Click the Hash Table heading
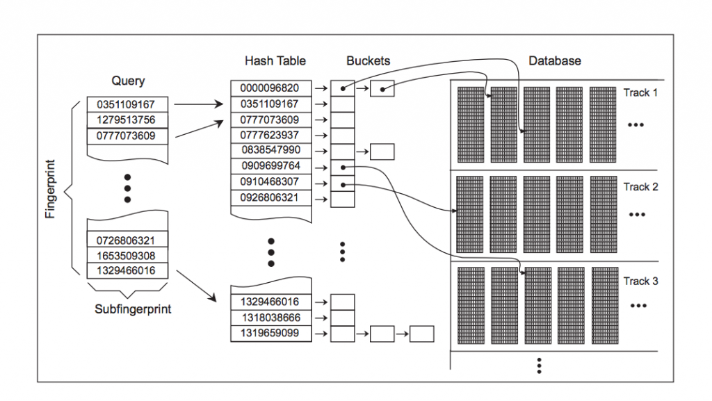[275, 61]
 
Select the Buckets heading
[368, 61]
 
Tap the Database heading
[554, 61]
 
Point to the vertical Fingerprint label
[50, 191]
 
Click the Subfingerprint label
[133, 309]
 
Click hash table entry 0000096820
[270, 88]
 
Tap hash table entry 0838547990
[270, 150]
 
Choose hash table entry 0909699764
[270, 166]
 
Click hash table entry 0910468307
[270, 182]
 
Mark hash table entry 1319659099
[270, 333]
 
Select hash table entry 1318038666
[270, 318]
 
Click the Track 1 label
[640, 92]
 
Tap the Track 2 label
[640, 187]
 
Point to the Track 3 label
[640, 281]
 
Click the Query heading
[128, 81]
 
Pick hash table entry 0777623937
[270, 135]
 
